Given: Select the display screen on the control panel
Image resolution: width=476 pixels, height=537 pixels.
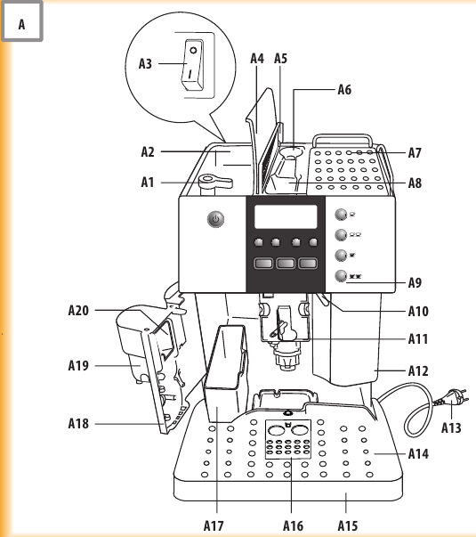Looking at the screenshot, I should tap(285, 217).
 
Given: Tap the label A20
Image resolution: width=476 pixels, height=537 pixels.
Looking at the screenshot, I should tap(79, 311).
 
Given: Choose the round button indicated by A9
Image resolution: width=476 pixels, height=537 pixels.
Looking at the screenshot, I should tap(341, 276).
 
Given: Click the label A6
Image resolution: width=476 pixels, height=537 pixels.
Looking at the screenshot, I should tap(345, 89).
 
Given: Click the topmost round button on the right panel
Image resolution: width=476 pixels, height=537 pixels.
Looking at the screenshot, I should tap(341, 215).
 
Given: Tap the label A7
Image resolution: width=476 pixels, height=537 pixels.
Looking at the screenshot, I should tap(415, 153).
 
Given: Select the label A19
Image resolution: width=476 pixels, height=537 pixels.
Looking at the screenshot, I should tap(79, 365).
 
